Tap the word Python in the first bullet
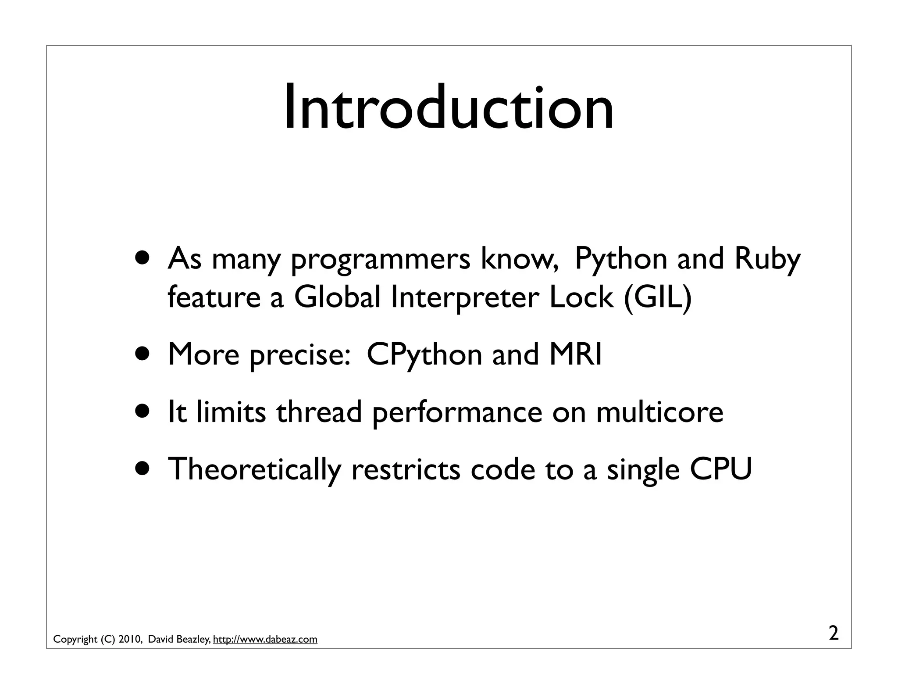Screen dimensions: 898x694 [621, 259]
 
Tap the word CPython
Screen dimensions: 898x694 [424, 354]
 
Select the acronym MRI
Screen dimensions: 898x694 [576, 354]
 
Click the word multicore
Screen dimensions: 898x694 [659, 412]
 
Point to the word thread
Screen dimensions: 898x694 [319, 412]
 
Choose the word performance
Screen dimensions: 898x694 [457, 413]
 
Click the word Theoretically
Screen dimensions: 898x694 [254, 469]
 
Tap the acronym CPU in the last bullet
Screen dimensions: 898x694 [721, 469]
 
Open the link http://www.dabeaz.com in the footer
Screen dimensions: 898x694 [265, 639]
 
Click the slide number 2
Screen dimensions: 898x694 [834, 633]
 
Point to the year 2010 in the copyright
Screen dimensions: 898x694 [129, 639]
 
